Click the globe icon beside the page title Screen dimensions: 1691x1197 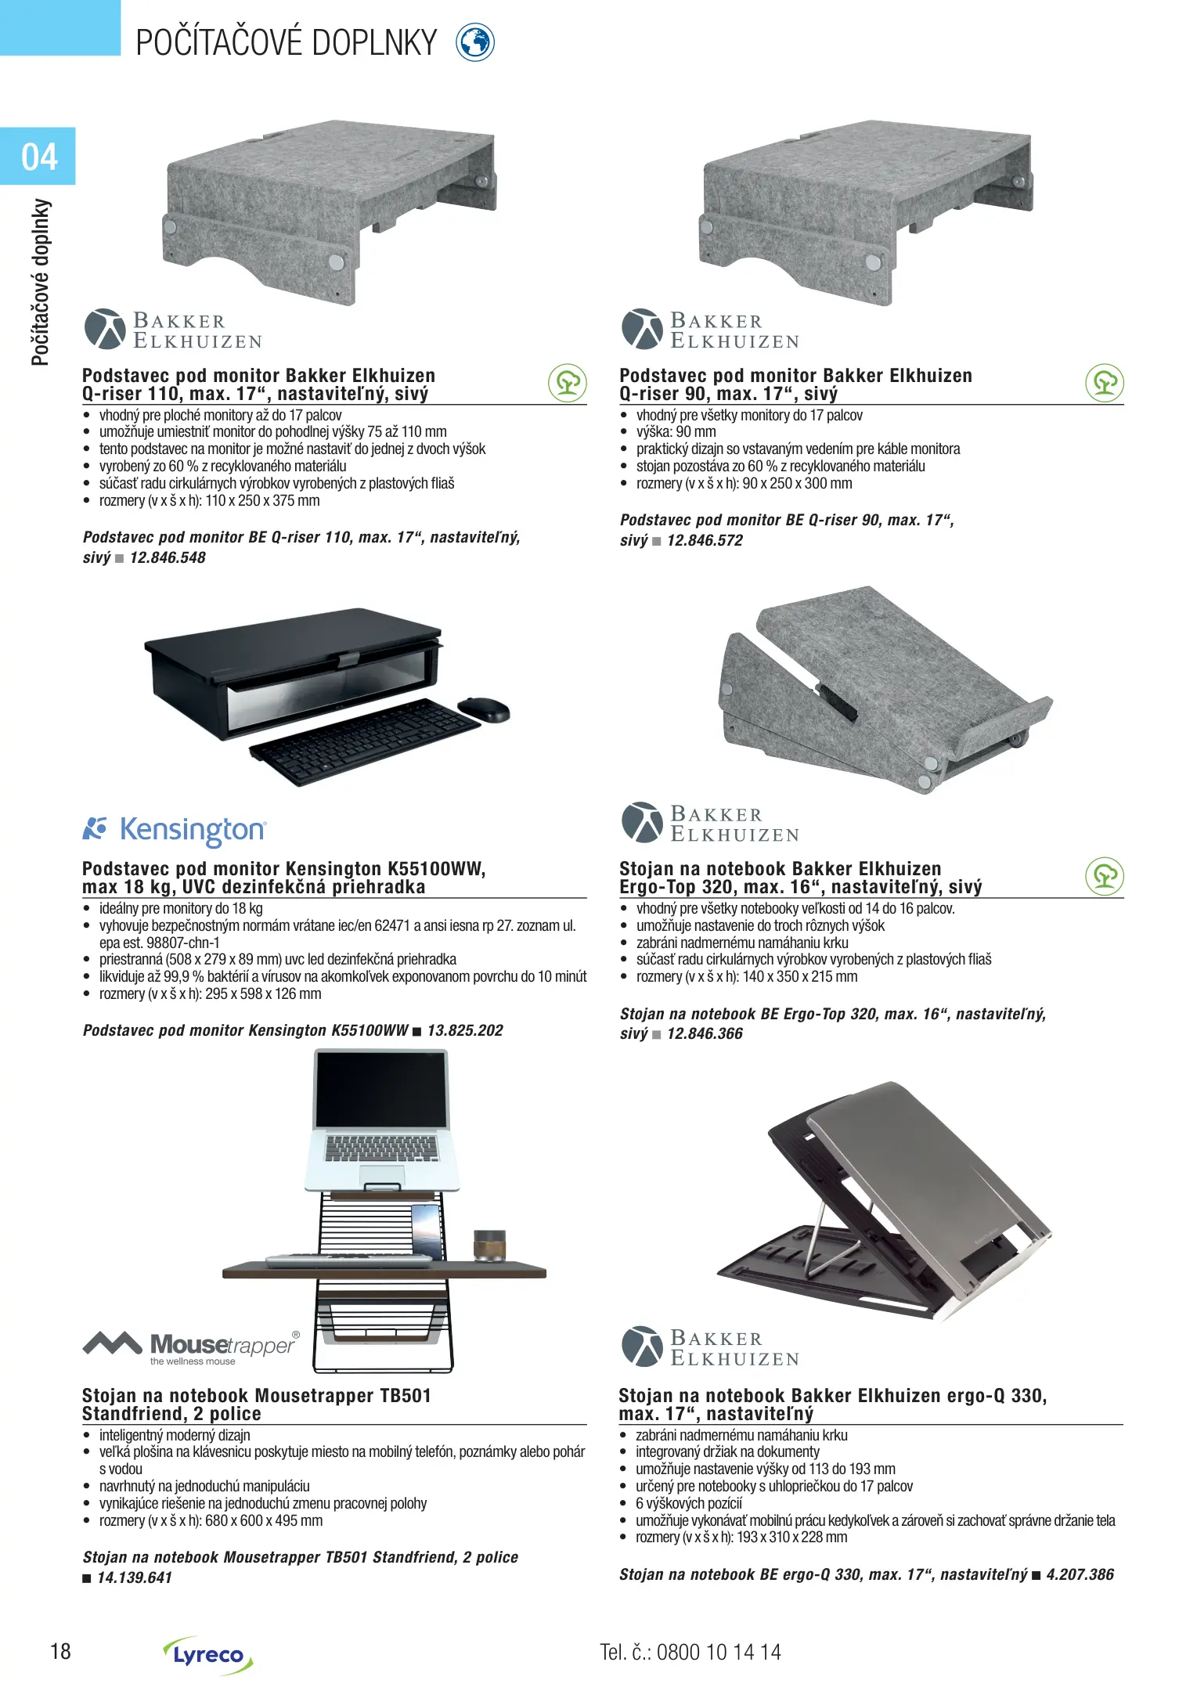(475, 42)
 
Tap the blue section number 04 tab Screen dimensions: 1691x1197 (38, 157)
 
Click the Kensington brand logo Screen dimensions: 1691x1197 (175, 830)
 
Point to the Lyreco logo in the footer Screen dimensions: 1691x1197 (207, 1655)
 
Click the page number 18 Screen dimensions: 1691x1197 (60, 1652)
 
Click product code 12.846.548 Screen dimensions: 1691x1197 (168, 558)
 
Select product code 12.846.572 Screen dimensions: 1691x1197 (705, 541)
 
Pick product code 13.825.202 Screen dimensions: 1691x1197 (465, 1031)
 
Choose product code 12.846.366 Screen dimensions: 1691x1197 (705, 1034)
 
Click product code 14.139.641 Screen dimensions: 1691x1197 (135, 1578)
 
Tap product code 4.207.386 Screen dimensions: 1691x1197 (1080, 1575)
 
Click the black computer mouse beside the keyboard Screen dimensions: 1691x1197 (484, 708)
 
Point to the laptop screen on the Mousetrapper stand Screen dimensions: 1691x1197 (381, 1089)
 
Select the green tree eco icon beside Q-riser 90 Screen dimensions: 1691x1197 (1105, 383)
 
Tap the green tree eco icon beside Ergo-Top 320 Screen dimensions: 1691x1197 (1105, 876)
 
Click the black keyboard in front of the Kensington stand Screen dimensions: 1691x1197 (364, 741)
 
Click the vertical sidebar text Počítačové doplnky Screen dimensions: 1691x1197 (41, 282)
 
